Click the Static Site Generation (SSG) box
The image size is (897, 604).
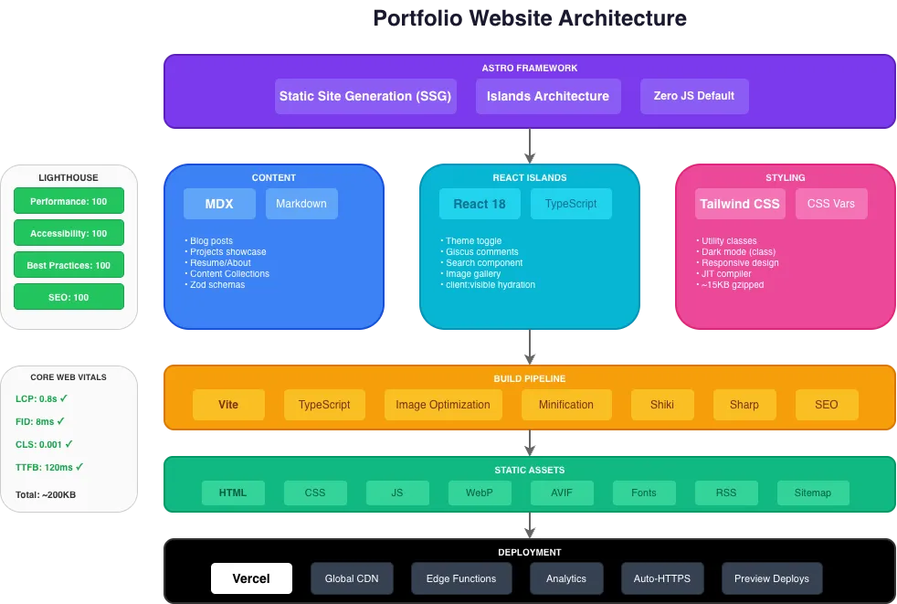click(365, 96)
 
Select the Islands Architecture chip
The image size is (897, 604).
click(548, 96)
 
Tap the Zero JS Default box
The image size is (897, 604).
click(694, 96)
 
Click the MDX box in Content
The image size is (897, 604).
click(219, 204)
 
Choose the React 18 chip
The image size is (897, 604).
click(480, 204)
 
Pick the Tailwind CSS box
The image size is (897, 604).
click(740, 204)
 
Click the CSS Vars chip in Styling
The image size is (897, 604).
click(831, 204)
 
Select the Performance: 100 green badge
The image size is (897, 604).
click(69, 201)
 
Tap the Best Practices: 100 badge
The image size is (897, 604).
click(69, 265)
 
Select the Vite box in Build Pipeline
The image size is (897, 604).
click(228, 405)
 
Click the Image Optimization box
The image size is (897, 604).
click(443, 405)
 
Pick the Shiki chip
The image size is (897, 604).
click(662, 405)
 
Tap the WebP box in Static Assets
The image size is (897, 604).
click(480, 493)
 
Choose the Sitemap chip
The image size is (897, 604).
click(813, 493)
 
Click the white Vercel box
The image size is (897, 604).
click(251, 578)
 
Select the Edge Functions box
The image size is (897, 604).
click(461, 578)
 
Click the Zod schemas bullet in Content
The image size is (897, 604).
click(217, 285)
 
